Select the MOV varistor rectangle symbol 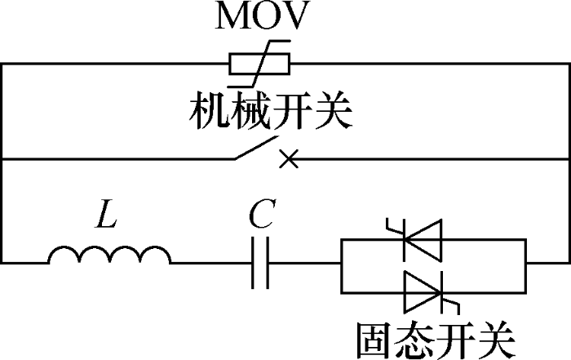point(259,64)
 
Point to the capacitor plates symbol point(260,263)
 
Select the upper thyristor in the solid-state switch point(422,238)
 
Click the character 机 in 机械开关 point(210,112)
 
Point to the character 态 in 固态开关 point(414,338)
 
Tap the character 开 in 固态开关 point(454,338)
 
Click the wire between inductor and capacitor point(210,263)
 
